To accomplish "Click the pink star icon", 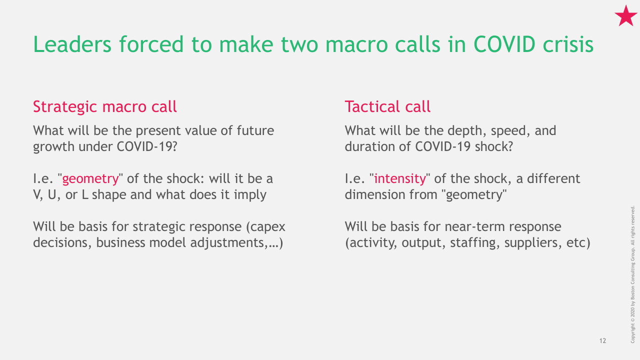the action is point(625,16).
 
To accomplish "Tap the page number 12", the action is point(602,340).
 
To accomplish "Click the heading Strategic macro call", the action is point(105,107).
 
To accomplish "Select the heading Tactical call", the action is point(387,106).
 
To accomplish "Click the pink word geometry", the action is point(90,179).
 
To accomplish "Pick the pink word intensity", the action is point(400,179).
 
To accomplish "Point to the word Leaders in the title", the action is point(72,44).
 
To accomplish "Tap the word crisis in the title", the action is point(568,44).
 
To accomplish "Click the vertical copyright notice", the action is point(632,274).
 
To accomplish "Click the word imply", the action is point(250,195).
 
